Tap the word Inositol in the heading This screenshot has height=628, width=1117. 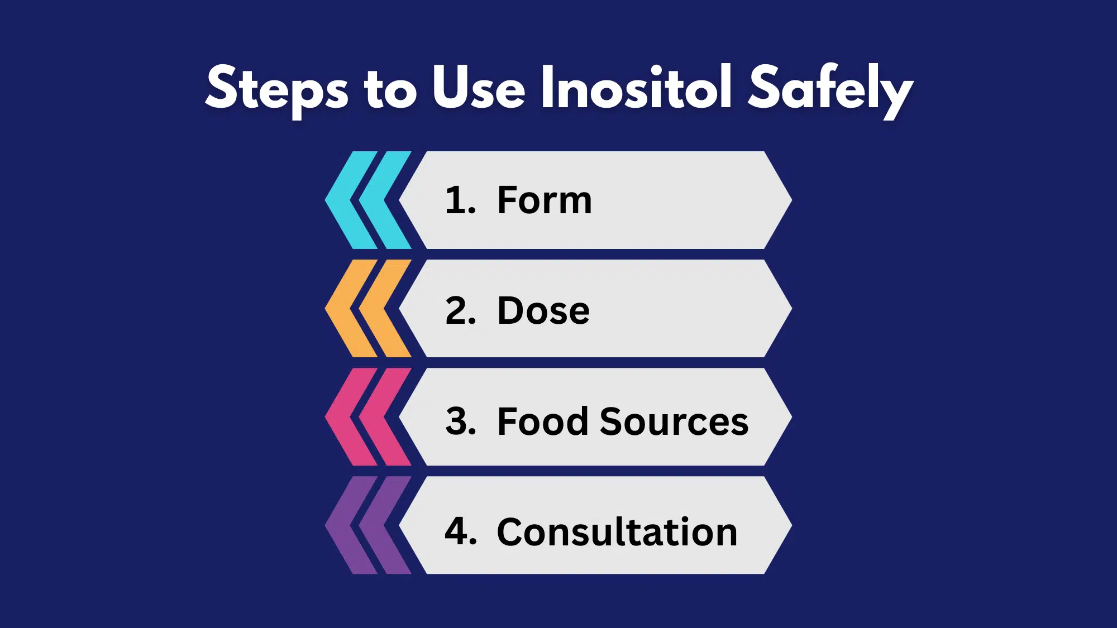click(636, 88)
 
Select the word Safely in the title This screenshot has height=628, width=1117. click(830, 89)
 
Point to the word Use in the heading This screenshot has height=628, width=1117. click(479, 88)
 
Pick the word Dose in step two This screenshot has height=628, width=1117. click(543, 310)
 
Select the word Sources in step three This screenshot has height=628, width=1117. click(674, 421)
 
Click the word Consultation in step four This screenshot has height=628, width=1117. click(617, 531)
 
